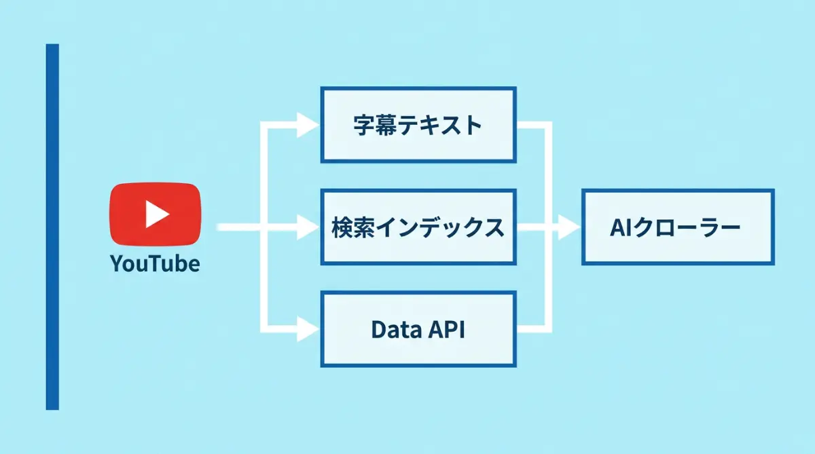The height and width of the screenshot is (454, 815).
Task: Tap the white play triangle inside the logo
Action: point(157,214)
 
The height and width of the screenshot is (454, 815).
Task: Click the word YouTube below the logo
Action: point(155,263)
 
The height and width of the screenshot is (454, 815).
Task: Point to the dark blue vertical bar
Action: point(52,227)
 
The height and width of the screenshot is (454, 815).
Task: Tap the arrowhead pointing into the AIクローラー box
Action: point(566,227)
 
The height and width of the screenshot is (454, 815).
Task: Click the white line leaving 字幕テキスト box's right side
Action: point(533,125)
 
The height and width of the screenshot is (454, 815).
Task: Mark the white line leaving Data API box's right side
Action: point(533,329)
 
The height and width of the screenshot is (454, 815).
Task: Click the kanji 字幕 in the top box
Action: point(375,125)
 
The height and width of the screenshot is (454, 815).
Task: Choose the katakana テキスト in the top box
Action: point(439,125)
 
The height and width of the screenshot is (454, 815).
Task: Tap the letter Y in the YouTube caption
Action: point(115,263)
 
